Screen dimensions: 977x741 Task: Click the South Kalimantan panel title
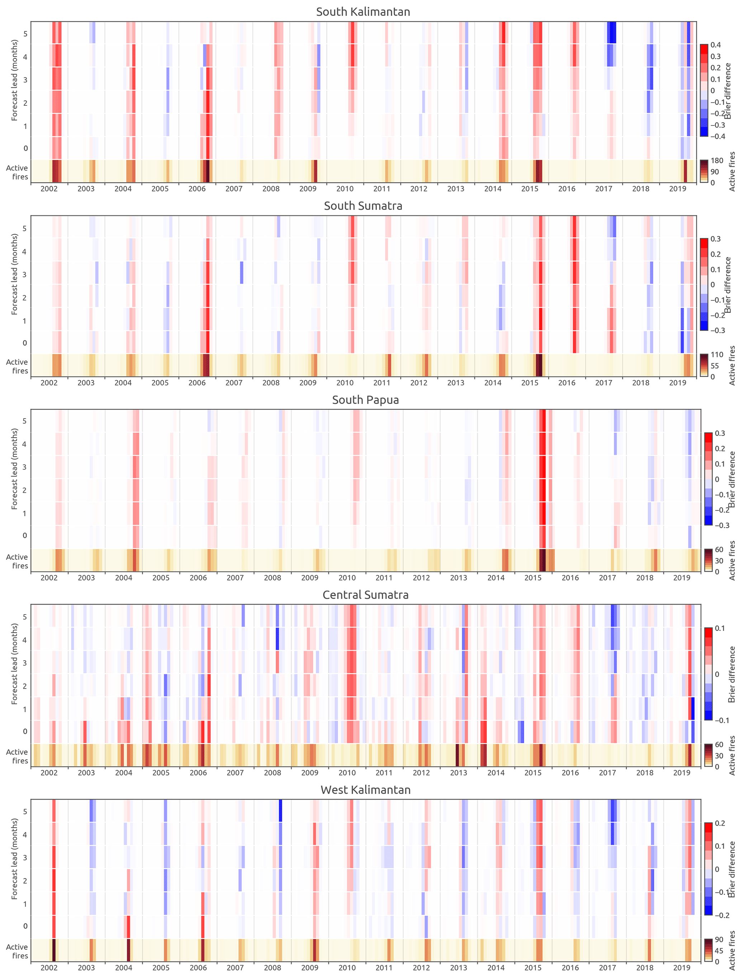pos(363,12)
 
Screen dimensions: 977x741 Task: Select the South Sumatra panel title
pos(363,206)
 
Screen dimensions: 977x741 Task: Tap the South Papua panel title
pos(365,400)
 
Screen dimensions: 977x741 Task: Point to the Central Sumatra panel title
pos(365,595)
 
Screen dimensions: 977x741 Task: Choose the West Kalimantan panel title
pos(365,790)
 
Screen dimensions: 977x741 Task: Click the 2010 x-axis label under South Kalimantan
pos(345,189)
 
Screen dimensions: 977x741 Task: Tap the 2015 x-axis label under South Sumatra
pos(529,383)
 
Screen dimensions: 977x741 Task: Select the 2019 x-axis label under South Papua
pos(681,578)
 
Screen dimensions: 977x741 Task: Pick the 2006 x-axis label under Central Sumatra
pos(198,773)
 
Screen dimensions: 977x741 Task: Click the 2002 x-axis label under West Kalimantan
pos(49,968)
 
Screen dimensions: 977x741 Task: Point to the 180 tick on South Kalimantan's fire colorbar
pos(717,161)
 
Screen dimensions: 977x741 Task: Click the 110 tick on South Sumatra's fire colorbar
pos(717,355)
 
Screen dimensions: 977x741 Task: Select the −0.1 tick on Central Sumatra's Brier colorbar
pos(721,720)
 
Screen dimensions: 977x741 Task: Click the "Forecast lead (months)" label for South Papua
pos(15,469)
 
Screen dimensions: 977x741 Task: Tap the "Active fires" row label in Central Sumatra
pos(17,756)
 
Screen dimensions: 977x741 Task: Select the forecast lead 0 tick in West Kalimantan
pos(25,926)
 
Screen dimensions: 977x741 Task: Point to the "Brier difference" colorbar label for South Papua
pos(732,480)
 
